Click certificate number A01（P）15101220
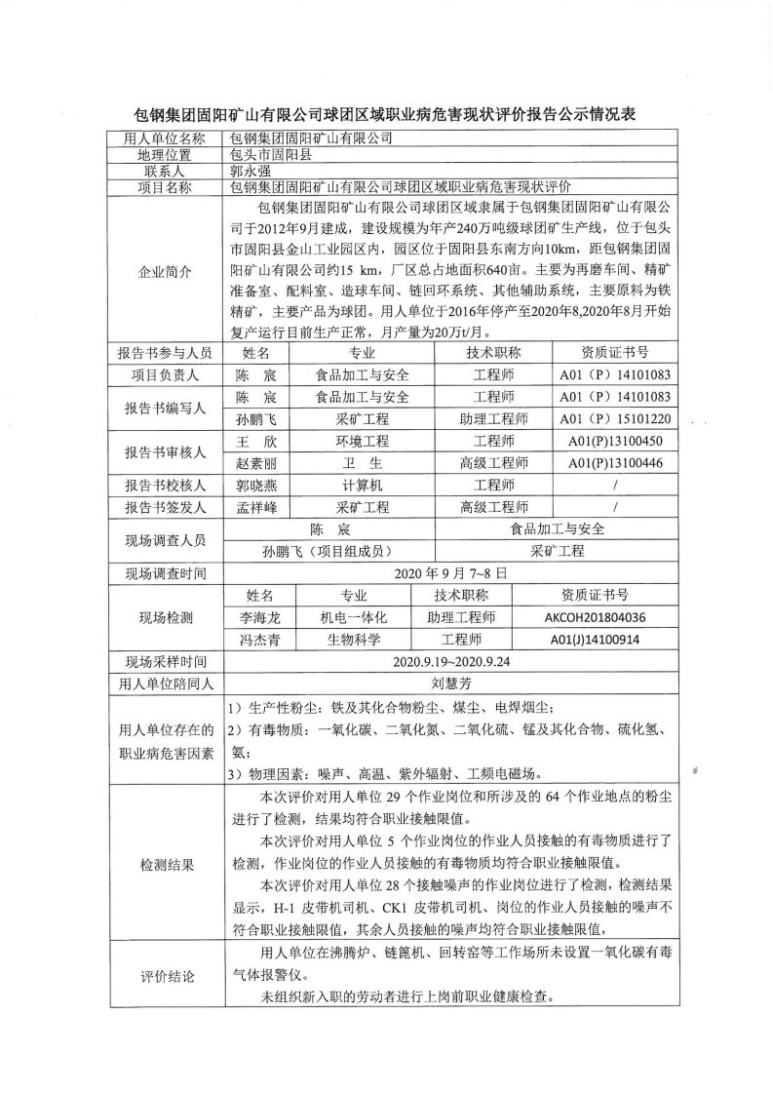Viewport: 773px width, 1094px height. [x=614, y=419]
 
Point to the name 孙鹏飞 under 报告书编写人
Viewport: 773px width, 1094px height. [x=256, y=419]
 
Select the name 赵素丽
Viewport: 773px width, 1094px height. [x=256, y=462]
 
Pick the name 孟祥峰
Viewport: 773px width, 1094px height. [x=256, y=507]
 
